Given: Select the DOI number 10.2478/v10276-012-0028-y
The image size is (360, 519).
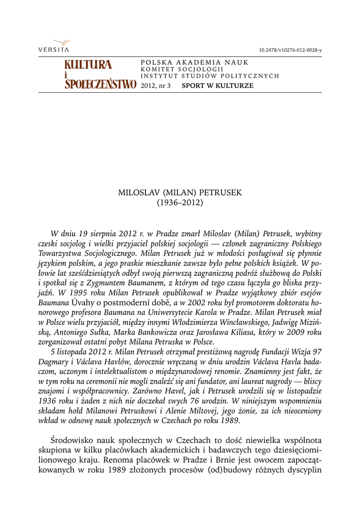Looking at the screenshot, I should click(x=290, y=50).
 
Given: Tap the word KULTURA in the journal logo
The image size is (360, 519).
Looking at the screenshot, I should click(x=88, y=65).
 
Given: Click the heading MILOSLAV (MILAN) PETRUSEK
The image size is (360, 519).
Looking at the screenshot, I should click(x=180, y=193).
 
